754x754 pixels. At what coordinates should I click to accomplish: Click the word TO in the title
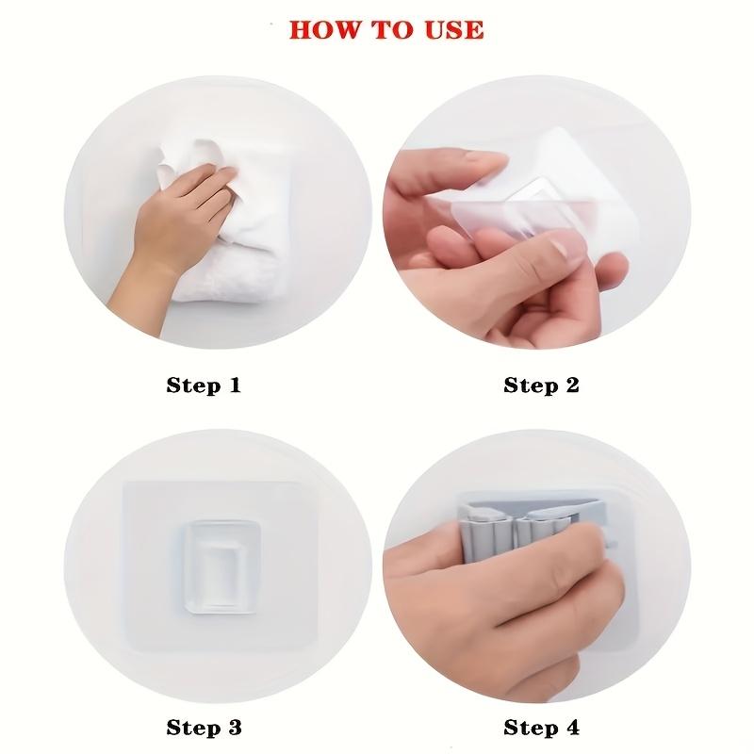tap(389, 29)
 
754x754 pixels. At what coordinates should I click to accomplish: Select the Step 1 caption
tap(204, 385)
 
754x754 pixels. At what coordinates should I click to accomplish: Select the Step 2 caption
tap(542, 385)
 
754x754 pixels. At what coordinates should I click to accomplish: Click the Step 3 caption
tap(204, 727)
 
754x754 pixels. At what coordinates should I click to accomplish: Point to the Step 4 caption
tap(542, 727)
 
